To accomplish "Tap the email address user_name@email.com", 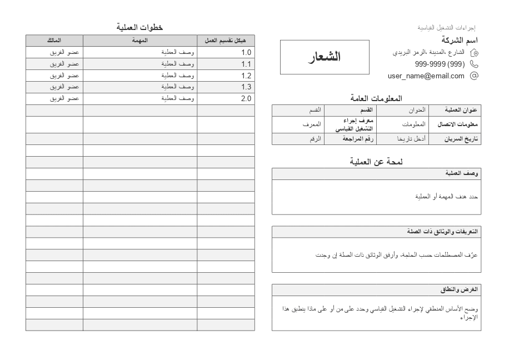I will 426,76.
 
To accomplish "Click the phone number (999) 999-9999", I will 440,64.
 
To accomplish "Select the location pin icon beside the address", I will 474,53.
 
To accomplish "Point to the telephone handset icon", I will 474,64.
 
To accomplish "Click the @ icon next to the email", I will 474,76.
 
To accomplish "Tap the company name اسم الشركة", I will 460,40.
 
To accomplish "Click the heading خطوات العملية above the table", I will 139,27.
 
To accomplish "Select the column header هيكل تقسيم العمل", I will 225,41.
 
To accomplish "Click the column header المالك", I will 54,41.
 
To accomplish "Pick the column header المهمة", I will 140,41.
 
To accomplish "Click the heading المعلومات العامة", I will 376,98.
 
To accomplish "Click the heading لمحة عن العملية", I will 376,162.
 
